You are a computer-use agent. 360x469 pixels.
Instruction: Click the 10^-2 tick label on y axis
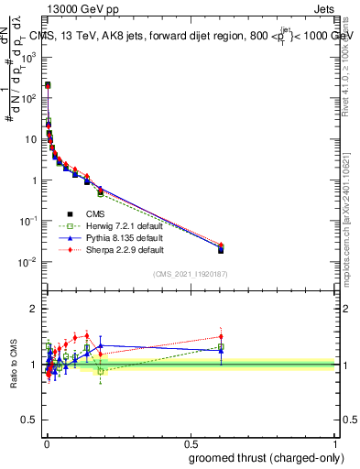coord(30,263)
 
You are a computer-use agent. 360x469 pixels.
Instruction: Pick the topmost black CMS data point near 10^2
coord(48,85)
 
